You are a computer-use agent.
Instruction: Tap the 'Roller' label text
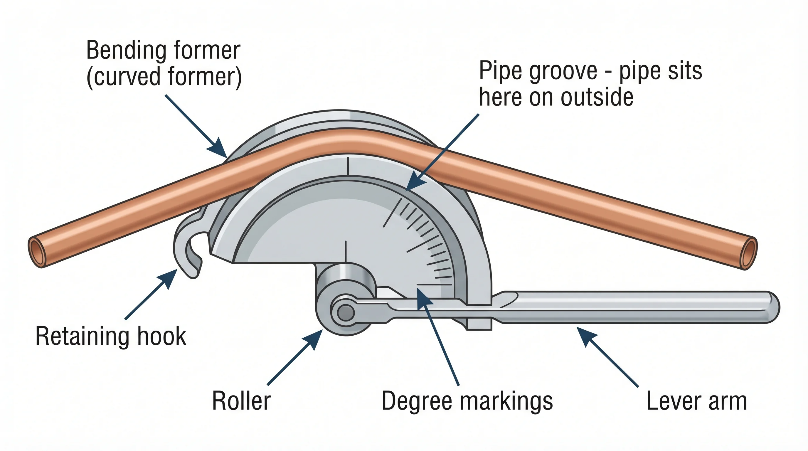click(x=241, y=401)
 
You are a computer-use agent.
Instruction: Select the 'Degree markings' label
click(x=467, y=401)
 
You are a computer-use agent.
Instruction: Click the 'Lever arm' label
click(x=697, y=401)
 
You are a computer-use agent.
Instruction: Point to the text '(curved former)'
click(x=164, y=77)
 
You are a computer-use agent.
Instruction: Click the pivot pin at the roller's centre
click(x=346, y=313)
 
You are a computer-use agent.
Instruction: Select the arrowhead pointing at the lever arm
click(x=585, y=335)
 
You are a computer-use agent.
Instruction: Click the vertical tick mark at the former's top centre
click(x=348, y=166)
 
